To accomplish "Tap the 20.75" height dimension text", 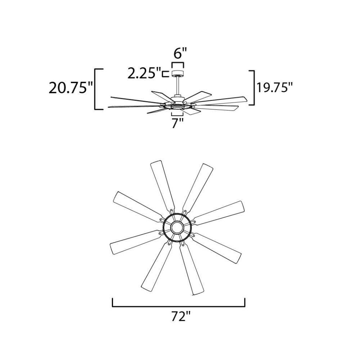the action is pyautogui.click(x=71, y=88).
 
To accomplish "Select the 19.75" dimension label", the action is pyautogui.click(x=275, y=87).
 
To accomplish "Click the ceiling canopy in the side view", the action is pyautogui.click(x=178, y=73).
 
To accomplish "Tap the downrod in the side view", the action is pyautogui.click(x=178, y=86).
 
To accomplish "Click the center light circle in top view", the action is pyautogui.click(x=177, y=228).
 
